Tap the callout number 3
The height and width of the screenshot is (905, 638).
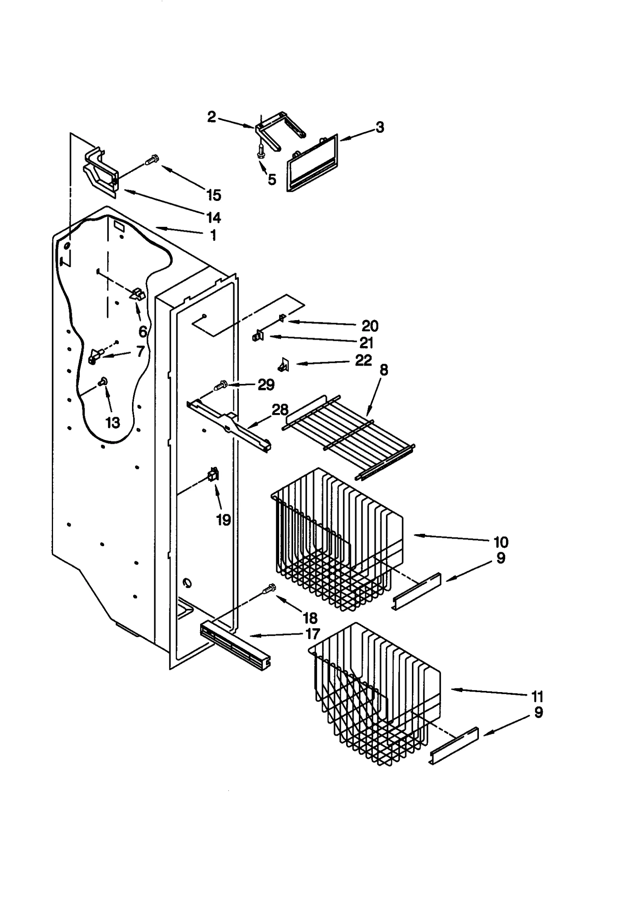pos(380,127)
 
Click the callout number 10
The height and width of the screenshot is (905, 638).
pos(501,542)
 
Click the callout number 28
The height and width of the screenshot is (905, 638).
pos(280,409)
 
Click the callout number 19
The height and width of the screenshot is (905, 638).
pos(223,520)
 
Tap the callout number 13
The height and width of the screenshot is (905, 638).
pos(113,423)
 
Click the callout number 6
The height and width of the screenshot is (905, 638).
pos(143,331)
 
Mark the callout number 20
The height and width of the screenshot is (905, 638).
pos(370,326)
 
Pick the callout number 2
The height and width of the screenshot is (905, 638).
pos(212,117)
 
